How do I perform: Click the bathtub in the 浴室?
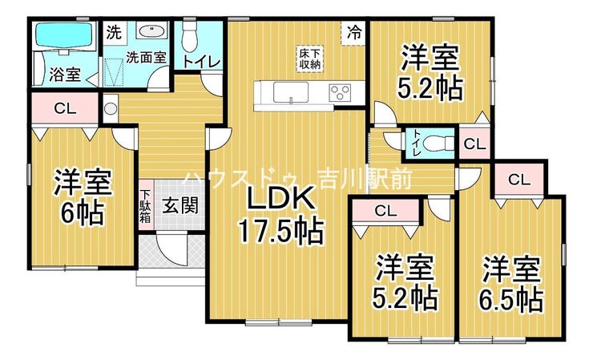[63, 35]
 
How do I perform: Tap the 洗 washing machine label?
[114, 33]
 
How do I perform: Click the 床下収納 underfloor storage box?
[310, 59]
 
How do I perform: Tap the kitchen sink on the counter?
[291, 92]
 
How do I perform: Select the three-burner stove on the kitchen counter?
[340, 92]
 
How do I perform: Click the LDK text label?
[280, 197]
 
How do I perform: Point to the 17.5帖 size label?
[280, 231]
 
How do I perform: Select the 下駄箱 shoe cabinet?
[146, 206]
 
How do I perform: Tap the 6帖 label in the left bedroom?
[82, 213]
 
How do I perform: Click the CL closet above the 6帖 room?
[65, 109]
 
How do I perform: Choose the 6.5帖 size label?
[511, 299]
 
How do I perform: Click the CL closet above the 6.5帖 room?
[519, 179]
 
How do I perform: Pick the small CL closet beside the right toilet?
[474, 144]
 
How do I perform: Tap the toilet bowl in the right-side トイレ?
[435, 144]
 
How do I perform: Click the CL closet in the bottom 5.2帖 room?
[385, 211]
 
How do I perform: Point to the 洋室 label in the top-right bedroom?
[430, 58]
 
